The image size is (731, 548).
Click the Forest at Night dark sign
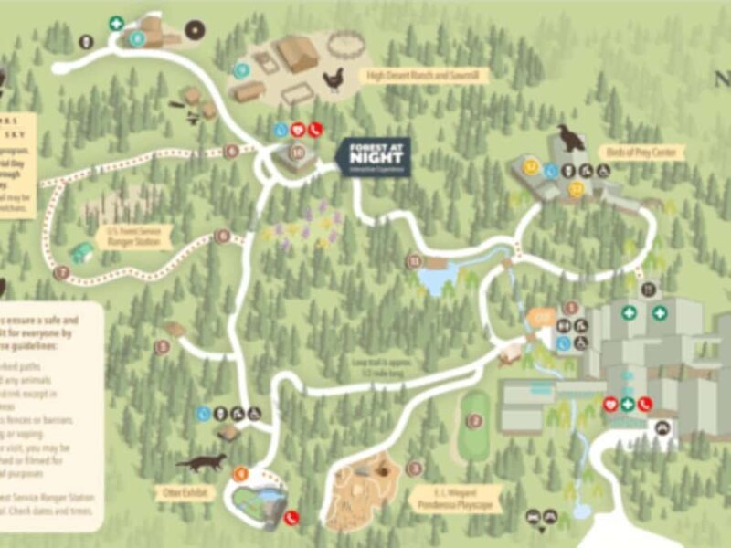pos(373,157)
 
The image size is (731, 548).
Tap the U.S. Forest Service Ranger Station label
pos(136,237)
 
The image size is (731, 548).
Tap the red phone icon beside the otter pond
pos(292,517)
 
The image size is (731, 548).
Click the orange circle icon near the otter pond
pos(240,473)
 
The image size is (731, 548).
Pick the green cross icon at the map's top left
pos(117,24)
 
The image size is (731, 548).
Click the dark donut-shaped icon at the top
pos(195,30)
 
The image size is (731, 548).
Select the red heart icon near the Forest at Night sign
pos(298,130)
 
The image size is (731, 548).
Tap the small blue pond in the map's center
pos(437,280)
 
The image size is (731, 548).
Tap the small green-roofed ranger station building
pos(82,253)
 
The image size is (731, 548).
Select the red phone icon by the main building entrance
pos(644,404)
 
